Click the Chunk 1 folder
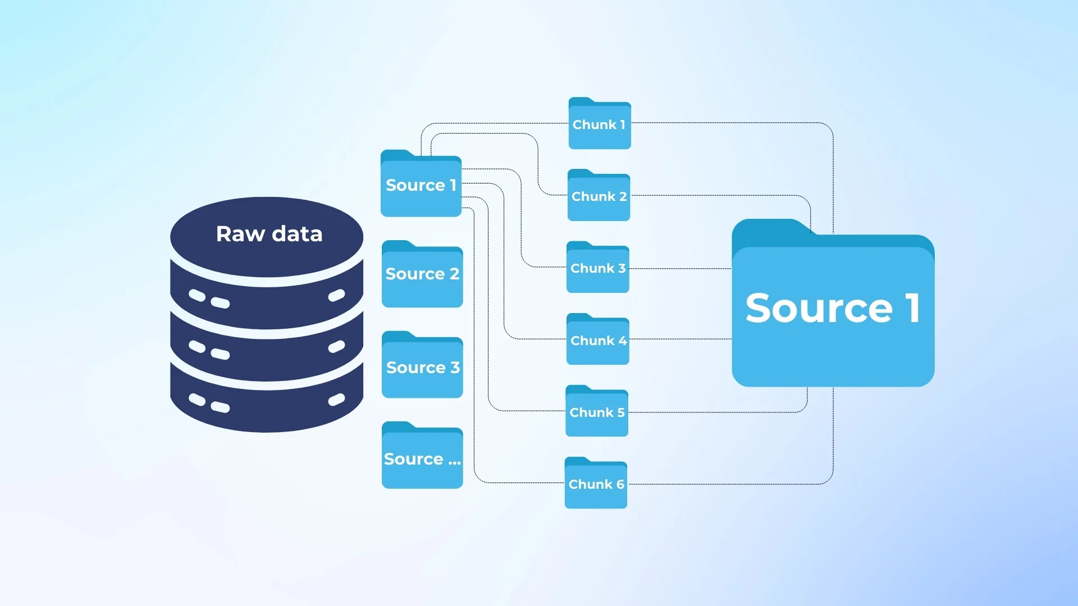click(600, 125)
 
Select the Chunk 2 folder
click(599, 196)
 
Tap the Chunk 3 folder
click(597, 268)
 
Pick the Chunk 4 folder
click(597, 341)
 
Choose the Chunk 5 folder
click(596, 412)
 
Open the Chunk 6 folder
click(596, 484)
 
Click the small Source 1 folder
click(421, 185)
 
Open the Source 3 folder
click(422, 368)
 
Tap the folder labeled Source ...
click(422, 459)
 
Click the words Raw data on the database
click(269, 234)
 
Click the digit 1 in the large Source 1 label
click(913, 308)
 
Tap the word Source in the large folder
click(819, 308)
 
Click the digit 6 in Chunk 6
click(620, 484)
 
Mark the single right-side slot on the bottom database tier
click(336, 400)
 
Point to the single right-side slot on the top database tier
click(336, 295)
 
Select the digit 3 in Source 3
click(455, 368)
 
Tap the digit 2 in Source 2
click(454, 274)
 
